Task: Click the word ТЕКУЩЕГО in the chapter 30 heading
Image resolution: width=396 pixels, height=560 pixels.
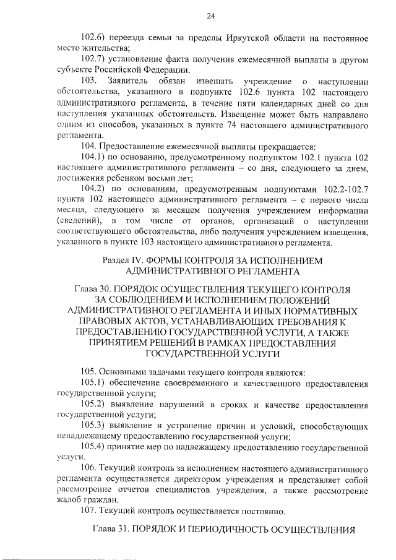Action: (x=275, y=290)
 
